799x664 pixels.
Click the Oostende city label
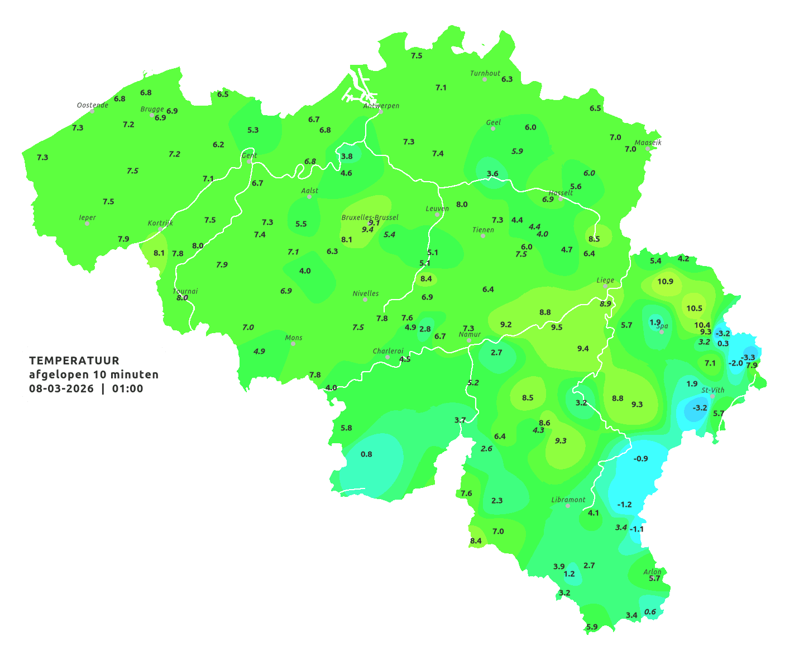point(92,105)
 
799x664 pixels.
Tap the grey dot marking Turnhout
point(485,79)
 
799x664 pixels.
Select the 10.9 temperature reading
point(665,282)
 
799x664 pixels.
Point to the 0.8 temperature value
point(366,454)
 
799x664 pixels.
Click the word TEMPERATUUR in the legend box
point(74,361)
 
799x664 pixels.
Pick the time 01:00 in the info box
point(127,388)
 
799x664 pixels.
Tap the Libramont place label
point(568,500)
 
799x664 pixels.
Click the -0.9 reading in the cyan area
point(640,458)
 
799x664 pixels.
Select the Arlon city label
point(652,571)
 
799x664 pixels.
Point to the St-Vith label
point(713,390)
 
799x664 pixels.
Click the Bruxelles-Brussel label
point(370,217)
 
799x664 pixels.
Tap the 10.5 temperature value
point(694,309)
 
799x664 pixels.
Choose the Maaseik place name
point(648,143)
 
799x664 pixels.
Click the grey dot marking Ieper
point(87,223)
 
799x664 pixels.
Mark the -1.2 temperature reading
point(624,504)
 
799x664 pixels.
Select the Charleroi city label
point(387,351)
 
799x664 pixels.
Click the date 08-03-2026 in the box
point(61,388)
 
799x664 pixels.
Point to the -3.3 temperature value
point(748,358)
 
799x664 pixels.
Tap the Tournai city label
point(185,291)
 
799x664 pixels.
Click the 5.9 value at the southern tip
point(592,627)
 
